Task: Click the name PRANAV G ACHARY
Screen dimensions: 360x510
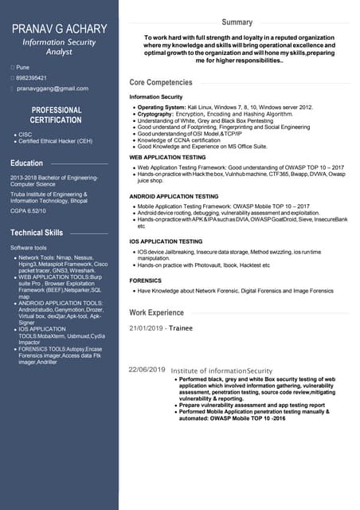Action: [x=59, y=29]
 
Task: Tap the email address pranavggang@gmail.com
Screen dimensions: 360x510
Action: [x=53, y=88]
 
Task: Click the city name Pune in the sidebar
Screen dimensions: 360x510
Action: [x=23, y=67]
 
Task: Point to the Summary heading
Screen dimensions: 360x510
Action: [x=237, y=22]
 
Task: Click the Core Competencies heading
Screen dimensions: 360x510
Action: [x=161, y=82]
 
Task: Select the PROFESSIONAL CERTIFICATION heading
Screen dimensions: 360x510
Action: [x=56, y=115]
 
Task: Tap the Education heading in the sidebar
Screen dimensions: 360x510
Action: [x=27, y=163]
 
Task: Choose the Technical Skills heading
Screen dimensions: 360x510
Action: [x=37, y=233]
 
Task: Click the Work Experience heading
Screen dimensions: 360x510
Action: [x=156, y=312]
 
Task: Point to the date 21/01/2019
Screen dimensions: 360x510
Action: [x=147, y=328]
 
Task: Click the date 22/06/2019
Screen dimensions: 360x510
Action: [x=147, y=370]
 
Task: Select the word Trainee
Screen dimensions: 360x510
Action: [x=182, y=328]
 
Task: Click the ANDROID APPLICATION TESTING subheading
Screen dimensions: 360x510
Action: [x=174, y=196]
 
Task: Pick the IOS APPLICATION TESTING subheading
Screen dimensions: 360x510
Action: [x=166, y=241]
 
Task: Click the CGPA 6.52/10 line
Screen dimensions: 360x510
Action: [x=28, y=211]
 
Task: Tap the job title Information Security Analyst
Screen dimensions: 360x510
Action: [x=59, y=45]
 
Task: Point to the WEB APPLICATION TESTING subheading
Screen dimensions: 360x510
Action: [x=167, y=158]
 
